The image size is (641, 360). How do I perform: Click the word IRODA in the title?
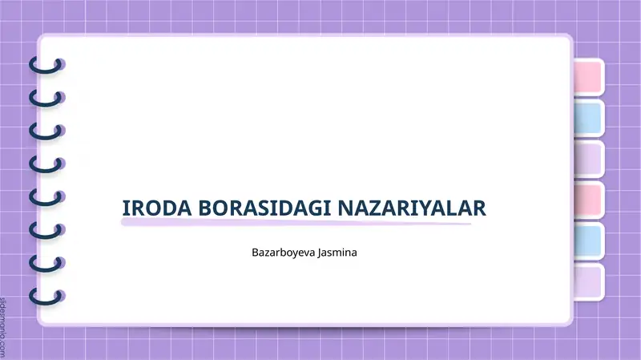tap(148, 208)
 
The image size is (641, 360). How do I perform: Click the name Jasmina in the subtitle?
tap(337, 253)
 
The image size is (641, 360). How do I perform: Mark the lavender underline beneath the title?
tap(296, 223)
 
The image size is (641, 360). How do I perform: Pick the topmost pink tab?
tap(587, 76)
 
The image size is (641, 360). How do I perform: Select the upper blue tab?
tap(587, 117)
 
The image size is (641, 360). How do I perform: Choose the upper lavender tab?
tap(587, 158)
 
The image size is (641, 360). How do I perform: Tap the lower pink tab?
tap(587, 199)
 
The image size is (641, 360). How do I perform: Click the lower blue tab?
tap(587, 240)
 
